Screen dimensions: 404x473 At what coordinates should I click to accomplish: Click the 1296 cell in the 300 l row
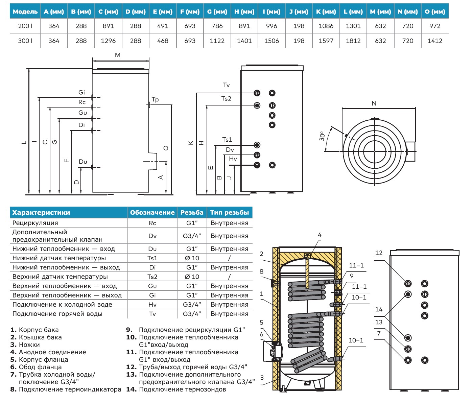pos(108,41)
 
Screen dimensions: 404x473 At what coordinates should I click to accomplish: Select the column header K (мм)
pos(326,11)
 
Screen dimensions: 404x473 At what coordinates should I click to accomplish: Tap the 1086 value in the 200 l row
pos(326,26)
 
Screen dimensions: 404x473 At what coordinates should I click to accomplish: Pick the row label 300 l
pos(25,41)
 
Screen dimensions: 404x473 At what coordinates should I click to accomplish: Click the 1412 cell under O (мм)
pos(435,41)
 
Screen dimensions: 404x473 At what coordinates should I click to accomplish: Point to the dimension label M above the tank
pos(118,55)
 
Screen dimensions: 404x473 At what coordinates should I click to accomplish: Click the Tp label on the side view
pos(155,99)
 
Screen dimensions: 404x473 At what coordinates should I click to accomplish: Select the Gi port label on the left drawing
pos(82,92)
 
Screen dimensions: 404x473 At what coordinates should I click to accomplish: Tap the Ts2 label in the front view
pos(226,99)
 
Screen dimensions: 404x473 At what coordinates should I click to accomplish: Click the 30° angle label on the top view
pos(322,136)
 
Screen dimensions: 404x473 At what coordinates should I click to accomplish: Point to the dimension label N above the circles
pos(374,103)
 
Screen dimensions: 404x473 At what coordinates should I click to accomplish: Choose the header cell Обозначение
pos(152,213)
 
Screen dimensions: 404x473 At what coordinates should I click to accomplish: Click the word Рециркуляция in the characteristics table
pos(35,223)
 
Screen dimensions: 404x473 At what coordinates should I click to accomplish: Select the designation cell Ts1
pos(152,258)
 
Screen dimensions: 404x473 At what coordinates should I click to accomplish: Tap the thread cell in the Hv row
pos(192,305)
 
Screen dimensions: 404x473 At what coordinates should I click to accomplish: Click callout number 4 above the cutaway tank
pos(320,235)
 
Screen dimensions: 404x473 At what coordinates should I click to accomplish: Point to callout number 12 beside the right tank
pos(379,253)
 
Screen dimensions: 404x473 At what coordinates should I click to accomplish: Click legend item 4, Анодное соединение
pos(48,352)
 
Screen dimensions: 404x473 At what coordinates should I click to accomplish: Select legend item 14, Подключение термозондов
pos(176,389)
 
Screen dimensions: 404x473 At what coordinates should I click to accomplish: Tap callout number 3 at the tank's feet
pos(262,378)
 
